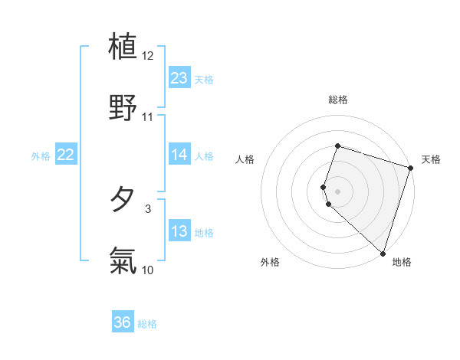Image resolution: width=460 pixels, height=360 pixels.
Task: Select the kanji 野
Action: point(123,106)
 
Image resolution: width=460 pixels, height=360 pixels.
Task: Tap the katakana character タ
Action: point(123,200)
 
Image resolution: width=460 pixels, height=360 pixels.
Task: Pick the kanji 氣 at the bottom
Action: point(123,261)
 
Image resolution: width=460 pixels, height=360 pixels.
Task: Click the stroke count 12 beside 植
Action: point(148,56)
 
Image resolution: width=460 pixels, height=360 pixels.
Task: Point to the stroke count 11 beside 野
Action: point(148,117)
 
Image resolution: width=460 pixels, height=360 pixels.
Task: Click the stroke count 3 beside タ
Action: point(148,208)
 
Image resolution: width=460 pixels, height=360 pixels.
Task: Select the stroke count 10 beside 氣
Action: point(148,270)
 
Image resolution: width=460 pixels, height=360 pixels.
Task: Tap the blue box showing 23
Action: point(179,78)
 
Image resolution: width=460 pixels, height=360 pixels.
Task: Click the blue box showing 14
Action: point(179,155)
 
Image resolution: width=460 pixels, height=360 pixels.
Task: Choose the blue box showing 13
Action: point(179,232)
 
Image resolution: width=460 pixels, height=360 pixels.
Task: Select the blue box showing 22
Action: point(65,155)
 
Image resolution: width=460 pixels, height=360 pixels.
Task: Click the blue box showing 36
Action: point(123,322)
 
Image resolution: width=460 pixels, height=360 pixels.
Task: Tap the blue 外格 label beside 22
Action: point(41,156)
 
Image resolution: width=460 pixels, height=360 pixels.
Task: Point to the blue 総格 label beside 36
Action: point(147,324)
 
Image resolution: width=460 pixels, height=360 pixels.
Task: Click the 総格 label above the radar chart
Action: point(337,100)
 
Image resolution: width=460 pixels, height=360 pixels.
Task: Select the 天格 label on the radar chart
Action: point(431,159)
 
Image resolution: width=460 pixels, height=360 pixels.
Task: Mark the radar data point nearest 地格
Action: point(383,253)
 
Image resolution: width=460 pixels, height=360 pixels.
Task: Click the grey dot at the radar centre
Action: point(337,191)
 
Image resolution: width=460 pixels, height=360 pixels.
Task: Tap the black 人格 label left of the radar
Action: point(245,159)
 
